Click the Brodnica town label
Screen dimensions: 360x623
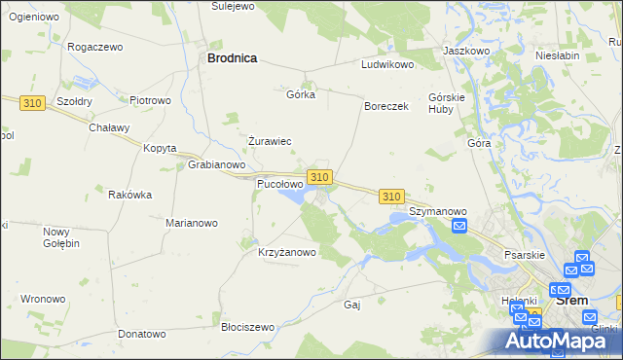pyautogui.click(x=232, y=58)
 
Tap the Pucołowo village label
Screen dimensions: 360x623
pyautogui.click(x=279, y=183)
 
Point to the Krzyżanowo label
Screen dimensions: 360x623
pyautogui.click(x=287, y=253)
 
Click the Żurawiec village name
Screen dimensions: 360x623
pyautogui.click(x=270, y=141)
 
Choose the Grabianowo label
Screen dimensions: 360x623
pyautogui.click(x=215, y=164)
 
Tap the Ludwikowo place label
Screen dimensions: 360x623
pyautogui.click(x=388, y=64)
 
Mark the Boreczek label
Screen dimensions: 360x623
pyautogui.click(x=385, y=106)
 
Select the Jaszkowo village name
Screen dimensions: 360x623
pyautogui.click(x=465, y=50)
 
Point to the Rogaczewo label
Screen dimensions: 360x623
pyautogui.click(x=94, y=47)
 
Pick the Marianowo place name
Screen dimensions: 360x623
pyautogui.click(x=191, y=223)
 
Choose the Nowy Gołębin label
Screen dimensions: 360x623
pyautogui.click(x=60, y=237)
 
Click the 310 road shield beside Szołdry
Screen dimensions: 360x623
pyautogui.click(x=34, y=102)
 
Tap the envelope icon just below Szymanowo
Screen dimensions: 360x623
pyautogui.click(x=460, y=227)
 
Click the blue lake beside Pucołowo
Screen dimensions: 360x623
pyautogui.click(x=292, y=198)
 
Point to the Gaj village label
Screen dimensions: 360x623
pyautogui.click(x=352, y=305)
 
